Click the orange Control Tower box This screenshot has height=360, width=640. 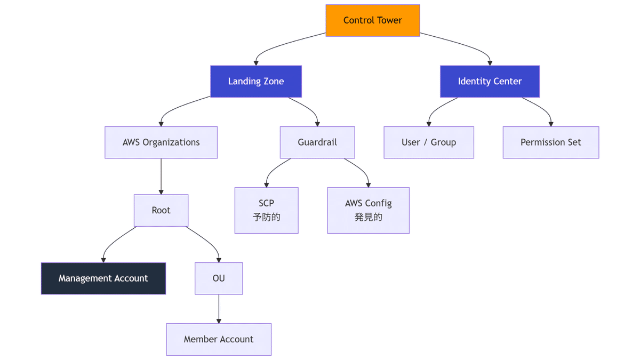coord(373,20)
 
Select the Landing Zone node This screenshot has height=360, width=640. coord(256,82)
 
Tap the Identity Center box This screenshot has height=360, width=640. coord(490,82)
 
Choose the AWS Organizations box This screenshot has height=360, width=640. coord(161,142)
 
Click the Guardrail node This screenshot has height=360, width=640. coord(317,142)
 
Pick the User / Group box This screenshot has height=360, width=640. coord(429,142)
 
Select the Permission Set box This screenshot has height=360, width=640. coord(551,142)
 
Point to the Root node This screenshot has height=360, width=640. coord(161,210)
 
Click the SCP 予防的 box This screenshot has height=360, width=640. coord(267,210)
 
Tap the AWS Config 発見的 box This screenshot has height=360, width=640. coord(369,210)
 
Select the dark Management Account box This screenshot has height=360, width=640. coord(103,278)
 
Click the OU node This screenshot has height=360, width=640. coord(219,278)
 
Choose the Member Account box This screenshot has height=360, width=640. coord(219,339)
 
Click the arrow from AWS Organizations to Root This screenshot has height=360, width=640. coord(161,176)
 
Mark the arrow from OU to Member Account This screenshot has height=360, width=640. coord(219,309)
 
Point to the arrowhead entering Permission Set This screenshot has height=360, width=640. coord(551,124)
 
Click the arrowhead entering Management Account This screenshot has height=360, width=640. coord(103,260)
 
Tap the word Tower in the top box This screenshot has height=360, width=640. coord(389,20)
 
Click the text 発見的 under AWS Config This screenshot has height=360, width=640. coord(369,218)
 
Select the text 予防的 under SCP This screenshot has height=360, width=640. coord(267,218)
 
